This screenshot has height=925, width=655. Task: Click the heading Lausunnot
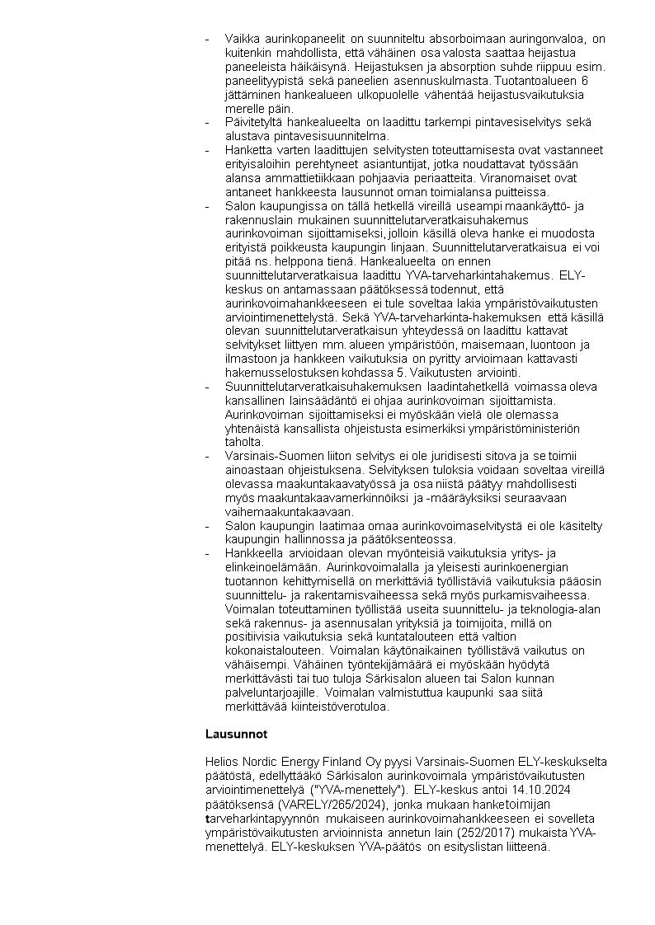point(236,733)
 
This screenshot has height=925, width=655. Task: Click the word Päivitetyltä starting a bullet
point(253,122)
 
